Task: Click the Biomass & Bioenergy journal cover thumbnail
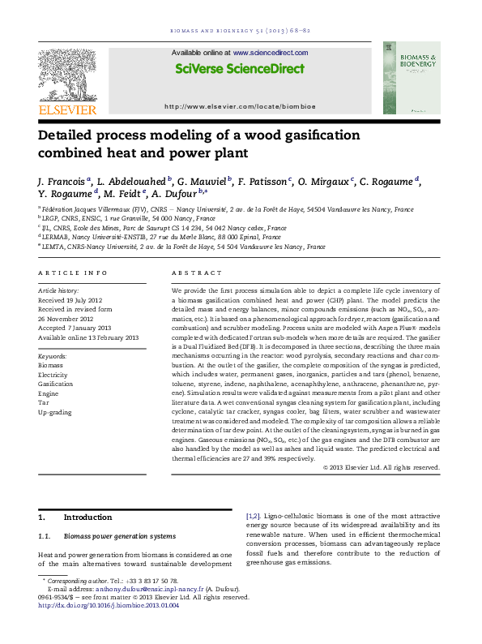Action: coord(412,78)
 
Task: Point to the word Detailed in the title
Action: coord(71,135)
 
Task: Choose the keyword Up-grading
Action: coord(55,413)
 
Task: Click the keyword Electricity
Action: coord(53,375)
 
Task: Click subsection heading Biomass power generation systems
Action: coord(130,536)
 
